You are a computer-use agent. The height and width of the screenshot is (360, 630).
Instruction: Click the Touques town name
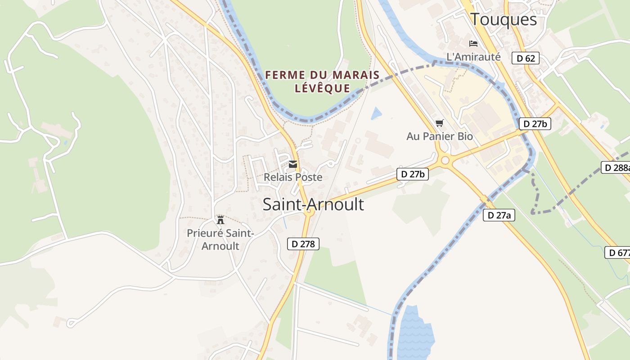pos(504,19)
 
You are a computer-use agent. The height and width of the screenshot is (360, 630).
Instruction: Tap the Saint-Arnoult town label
pos(313,204)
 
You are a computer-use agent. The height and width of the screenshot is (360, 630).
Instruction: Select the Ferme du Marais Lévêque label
pos(322,81)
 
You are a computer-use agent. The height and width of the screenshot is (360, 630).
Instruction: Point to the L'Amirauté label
pos(473,57)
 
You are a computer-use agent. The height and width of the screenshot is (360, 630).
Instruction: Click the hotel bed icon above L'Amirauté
pos(473,44)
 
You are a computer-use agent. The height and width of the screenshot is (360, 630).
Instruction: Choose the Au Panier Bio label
pos(440,136)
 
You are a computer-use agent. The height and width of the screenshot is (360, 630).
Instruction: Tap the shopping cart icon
pos(440,123)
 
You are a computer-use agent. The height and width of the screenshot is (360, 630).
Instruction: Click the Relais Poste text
pos(293,177)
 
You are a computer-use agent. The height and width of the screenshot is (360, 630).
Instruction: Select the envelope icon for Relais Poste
pos(293,164)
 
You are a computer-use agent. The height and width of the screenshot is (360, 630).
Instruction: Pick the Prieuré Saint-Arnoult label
pos(220,240)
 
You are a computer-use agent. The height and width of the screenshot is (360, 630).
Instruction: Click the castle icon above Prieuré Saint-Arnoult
pos(220,220)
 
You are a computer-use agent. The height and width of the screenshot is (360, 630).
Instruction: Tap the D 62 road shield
pos(525,58)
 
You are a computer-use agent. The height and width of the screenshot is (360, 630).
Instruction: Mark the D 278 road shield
pos(303,244)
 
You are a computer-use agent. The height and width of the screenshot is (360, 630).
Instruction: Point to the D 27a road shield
pos(499,215)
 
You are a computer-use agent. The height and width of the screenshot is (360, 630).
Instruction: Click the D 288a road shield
pos(616,167)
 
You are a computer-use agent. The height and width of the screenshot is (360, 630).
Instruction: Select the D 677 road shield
pos(617,252)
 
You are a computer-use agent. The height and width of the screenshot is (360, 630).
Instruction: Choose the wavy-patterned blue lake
pos(415,333)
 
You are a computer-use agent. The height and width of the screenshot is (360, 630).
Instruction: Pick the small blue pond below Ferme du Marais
pos(376,113)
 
